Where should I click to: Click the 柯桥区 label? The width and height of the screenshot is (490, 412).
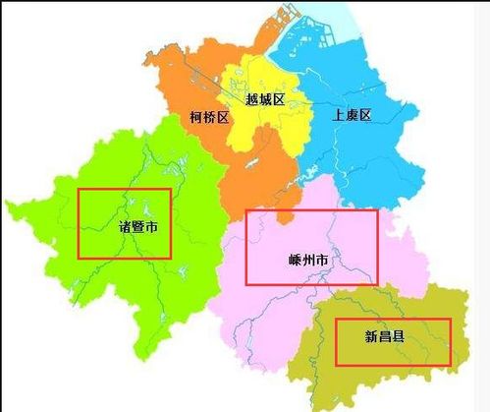208,117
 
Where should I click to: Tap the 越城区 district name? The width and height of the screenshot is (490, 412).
265,98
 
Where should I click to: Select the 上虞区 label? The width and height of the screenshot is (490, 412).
352,115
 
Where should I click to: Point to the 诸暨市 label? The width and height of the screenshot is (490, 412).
138,227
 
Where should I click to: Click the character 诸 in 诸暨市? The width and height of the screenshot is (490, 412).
125,227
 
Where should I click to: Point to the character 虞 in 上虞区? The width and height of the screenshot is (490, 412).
352,115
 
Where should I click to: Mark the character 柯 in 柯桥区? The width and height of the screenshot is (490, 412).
195,117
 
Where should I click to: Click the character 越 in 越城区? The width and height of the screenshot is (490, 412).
251,98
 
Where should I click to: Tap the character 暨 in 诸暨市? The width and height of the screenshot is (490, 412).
138,227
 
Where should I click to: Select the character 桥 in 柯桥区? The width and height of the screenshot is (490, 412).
208,117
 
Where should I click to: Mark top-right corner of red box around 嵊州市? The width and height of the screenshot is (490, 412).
377,210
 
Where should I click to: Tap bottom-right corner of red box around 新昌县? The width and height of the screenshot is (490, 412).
451,366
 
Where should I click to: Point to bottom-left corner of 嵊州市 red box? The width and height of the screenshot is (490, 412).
245,284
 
